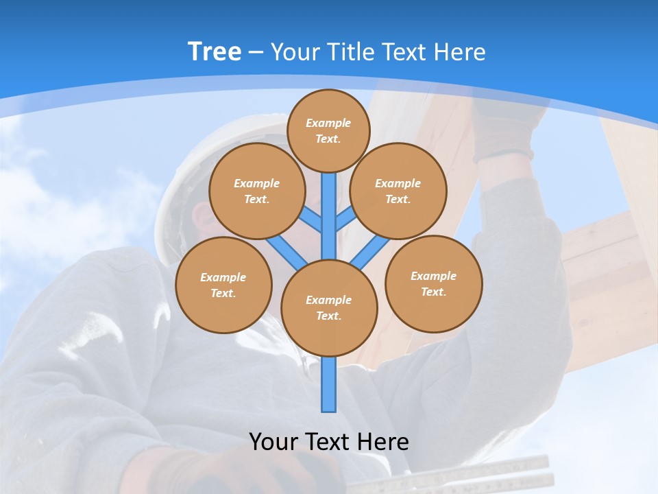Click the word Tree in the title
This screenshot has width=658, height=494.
click(214, 52)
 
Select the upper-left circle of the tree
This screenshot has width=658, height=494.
click(257, 191)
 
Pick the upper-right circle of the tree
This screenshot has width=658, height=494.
click(398, 191)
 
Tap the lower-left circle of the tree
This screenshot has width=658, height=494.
click(223, 285)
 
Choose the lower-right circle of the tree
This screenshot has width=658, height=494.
click(433, 283)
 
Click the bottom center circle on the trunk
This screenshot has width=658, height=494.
click(329, 307)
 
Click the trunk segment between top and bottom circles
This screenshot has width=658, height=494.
click(329, 216)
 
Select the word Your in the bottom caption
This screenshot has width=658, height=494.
click(273, 442)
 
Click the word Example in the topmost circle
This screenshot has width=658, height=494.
click(328, 123)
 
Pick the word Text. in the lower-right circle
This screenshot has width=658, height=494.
click(433, 292)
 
